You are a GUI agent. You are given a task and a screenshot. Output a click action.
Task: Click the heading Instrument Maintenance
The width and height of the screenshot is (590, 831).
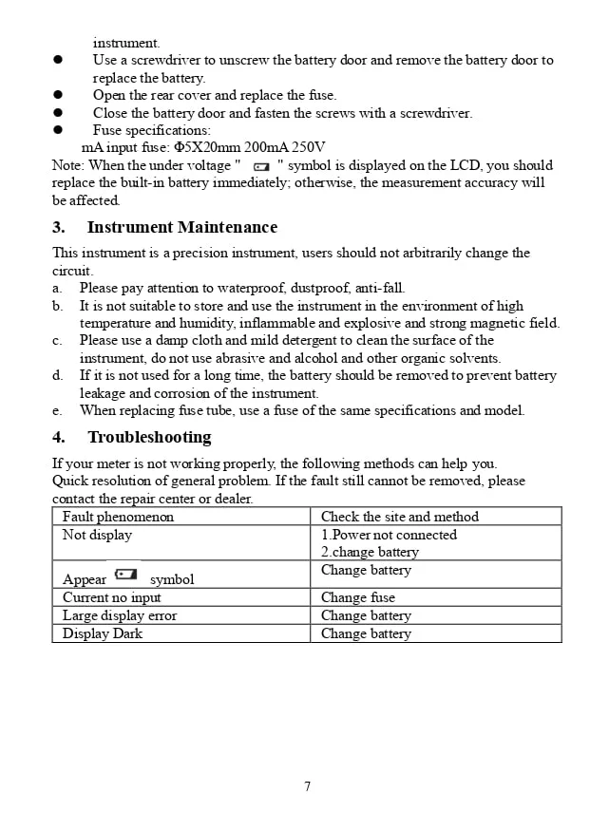181,227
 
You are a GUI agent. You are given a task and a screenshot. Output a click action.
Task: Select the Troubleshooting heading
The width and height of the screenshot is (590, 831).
149,437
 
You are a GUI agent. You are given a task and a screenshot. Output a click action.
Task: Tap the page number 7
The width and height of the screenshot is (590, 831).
307,786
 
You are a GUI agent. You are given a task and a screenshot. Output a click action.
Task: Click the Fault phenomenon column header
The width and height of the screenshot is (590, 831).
118,517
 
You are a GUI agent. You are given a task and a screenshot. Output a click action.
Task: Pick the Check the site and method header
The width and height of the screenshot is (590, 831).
399,517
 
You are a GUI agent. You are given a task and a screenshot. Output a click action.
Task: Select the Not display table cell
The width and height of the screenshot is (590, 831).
97,535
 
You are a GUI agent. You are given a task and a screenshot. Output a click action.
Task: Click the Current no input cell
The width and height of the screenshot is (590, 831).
111,597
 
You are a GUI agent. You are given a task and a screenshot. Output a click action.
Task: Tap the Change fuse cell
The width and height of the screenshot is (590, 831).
357,597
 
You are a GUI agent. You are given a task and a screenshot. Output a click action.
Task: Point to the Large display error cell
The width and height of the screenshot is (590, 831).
119,615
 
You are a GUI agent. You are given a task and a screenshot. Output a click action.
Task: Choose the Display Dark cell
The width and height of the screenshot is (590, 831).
102,633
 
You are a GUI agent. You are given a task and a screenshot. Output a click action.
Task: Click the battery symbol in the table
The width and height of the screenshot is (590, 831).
125,575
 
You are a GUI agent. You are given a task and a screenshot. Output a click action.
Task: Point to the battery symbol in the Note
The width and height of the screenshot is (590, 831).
261,166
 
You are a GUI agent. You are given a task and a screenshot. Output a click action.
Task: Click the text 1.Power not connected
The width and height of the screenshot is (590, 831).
389,535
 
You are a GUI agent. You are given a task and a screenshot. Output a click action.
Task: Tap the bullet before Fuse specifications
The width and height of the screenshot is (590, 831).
58,130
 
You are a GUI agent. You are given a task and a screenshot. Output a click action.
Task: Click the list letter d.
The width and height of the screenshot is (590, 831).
57,375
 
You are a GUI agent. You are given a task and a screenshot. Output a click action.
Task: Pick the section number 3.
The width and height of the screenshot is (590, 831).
58,227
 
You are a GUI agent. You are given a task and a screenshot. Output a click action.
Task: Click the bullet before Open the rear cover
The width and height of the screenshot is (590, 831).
58,95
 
